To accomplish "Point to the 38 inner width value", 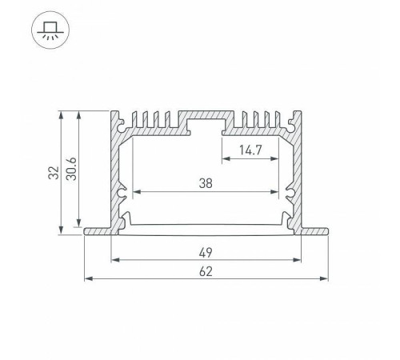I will coord(206,183).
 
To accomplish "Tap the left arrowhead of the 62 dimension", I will coord(87,279).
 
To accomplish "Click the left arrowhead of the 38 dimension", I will coord(135,192).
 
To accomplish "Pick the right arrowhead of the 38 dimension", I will coord(280,192).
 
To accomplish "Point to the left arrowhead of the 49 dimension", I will coord(114,259).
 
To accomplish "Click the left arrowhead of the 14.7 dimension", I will coord(225,158).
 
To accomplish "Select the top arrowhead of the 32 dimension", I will coord(62,114).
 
